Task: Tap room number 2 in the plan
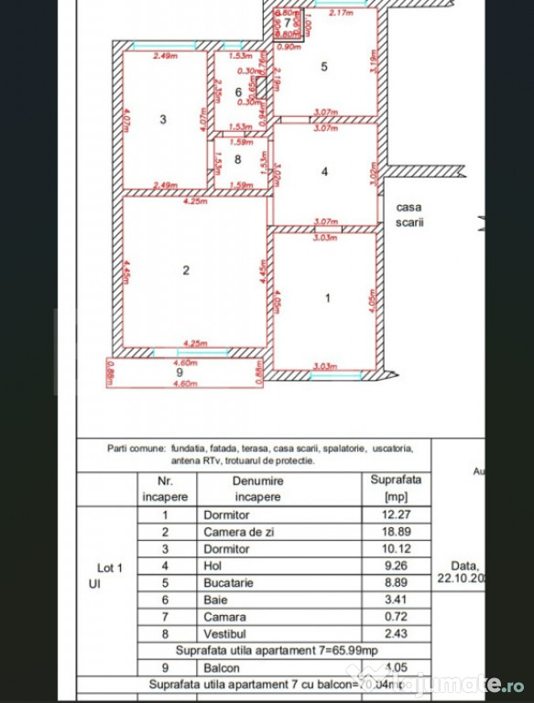(186, 270)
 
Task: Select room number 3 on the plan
(162, 119)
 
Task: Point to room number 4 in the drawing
(324, 171)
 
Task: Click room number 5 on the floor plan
(323, 66)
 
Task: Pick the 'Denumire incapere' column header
(256, 488)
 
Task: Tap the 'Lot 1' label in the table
(111, 567)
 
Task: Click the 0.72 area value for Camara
(391, 617)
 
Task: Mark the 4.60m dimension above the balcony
(186, 363)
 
